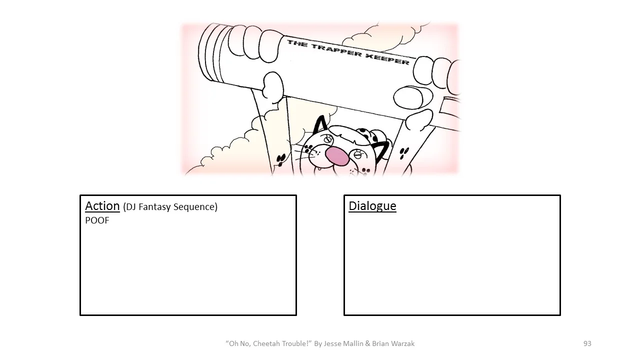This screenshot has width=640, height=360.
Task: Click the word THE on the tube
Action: tap(297, 43)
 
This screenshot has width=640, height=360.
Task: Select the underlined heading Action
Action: tap(102, 206)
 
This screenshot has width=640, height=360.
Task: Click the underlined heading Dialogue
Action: tap(372, 206)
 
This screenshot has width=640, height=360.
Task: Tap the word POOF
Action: tap(97, 220)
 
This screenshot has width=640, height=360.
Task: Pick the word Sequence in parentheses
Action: tap(195, 207)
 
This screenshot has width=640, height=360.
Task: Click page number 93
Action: tap(587, 343)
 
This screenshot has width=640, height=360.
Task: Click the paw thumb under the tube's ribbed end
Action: tap(273, 87)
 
